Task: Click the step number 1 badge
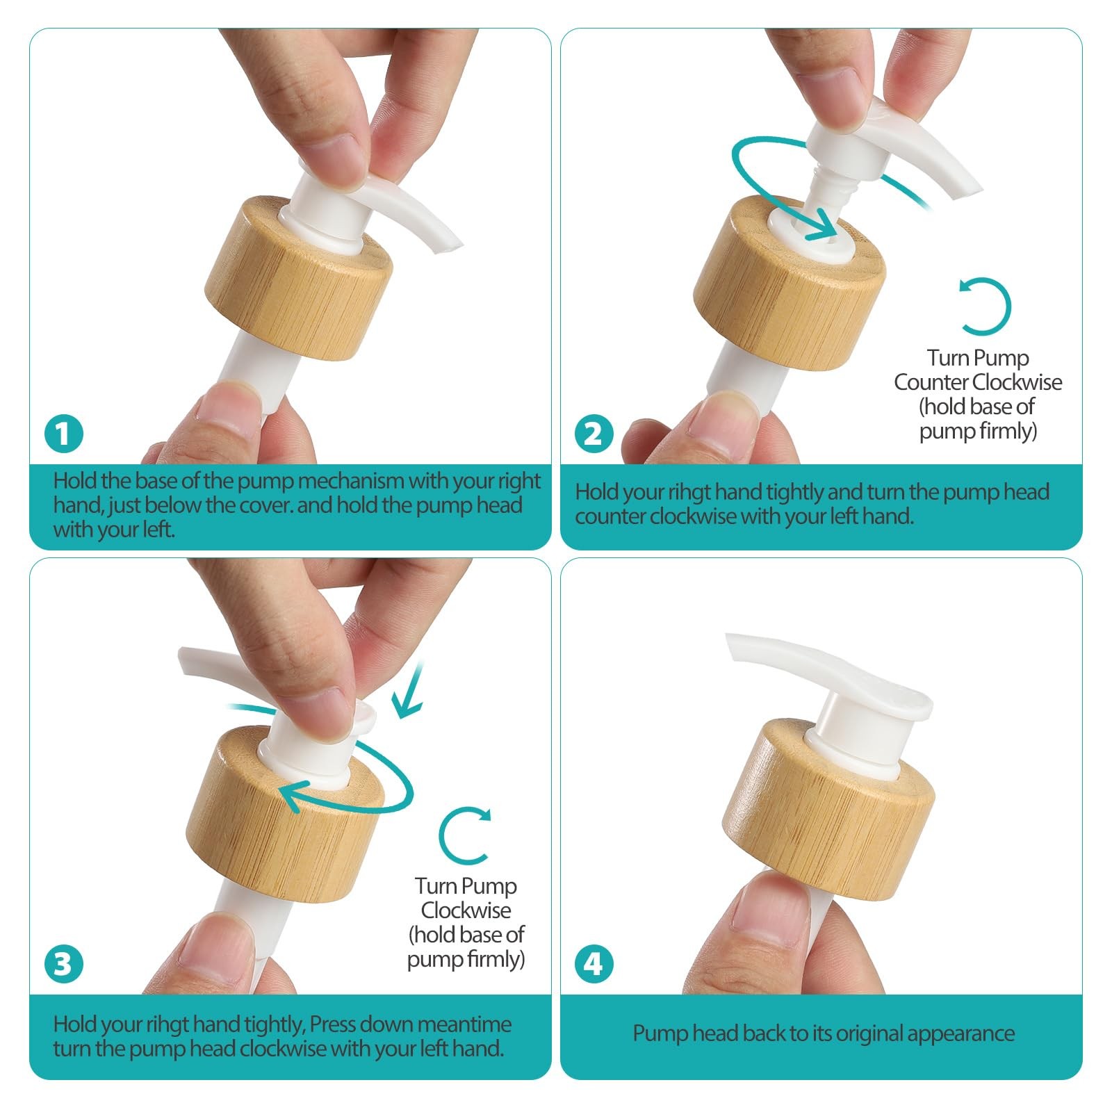coord(64,434)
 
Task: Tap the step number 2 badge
coord(594,434)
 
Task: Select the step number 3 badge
coord(64,964)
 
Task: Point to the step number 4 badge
coord(594,964)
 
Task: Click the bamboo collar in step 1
coord(299,278)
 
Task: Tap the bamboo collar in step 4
coord(828,806)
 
